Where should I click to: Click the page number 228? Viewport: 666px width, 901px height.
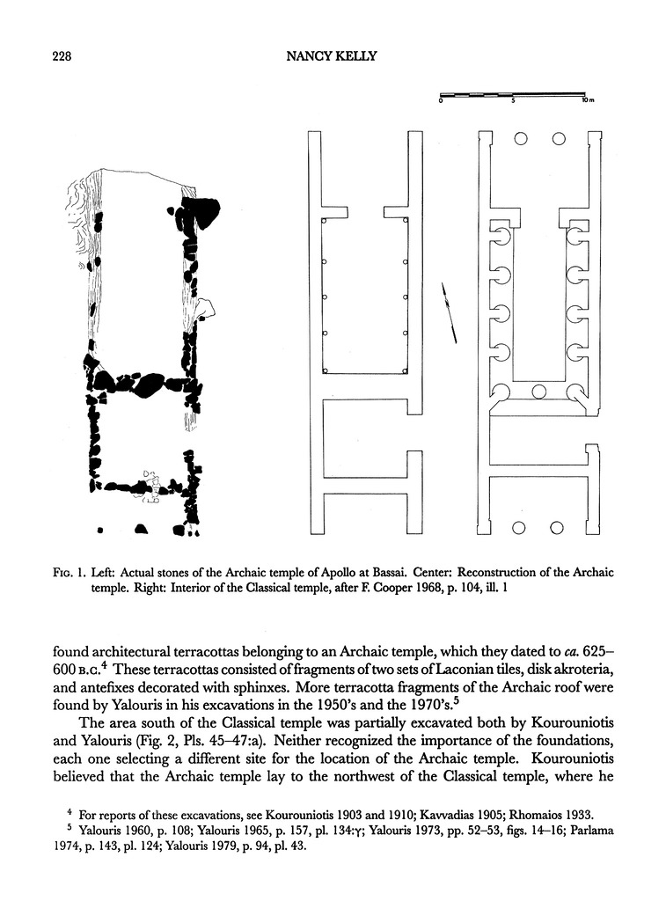57,58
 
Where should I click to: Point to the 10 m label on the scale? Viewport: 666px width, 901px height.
588,101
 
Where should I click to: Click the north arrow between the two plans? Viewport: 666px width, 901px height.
449,312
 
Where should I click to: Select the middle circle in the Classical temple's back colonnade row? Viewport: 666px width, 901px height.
538,391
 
